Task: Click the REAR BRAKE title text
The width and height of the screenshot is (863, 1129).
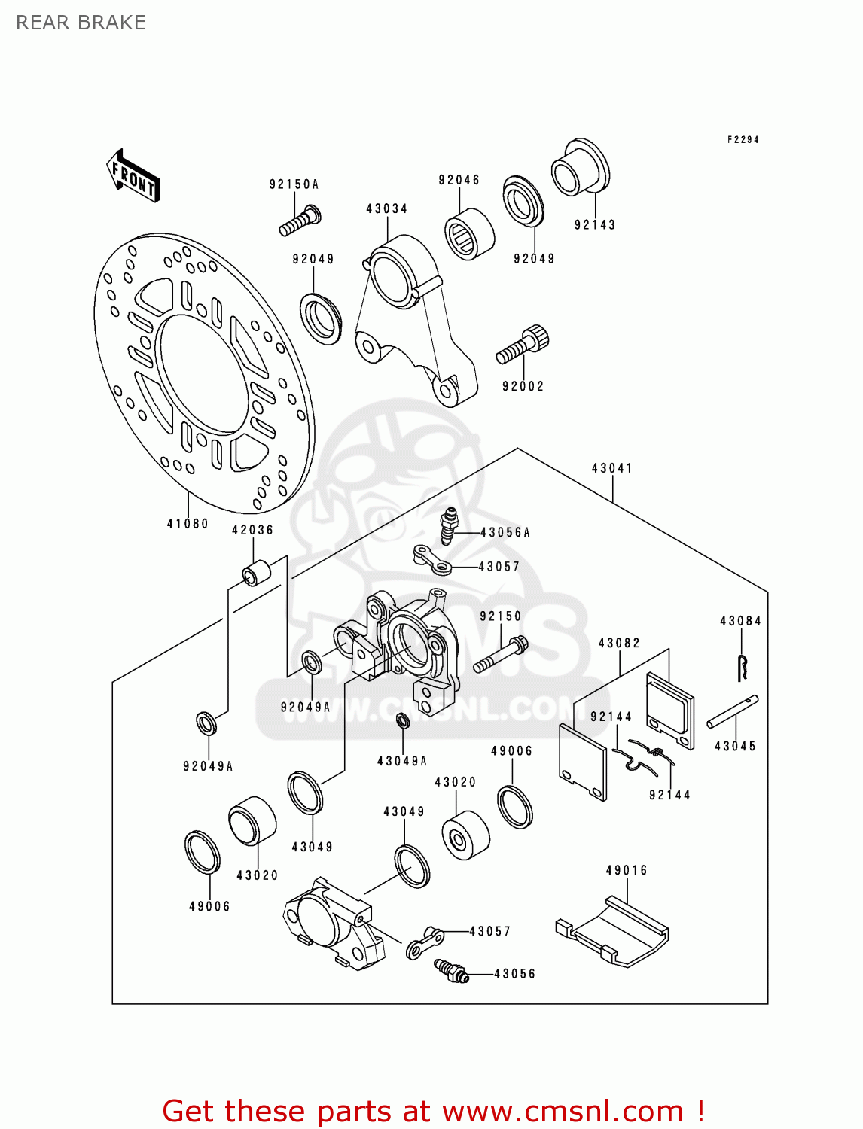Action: pyautogui.click(x=81, y=23)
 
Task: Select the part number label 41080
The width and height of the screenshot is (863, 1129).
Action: pyautogui.click(x=188, y=524)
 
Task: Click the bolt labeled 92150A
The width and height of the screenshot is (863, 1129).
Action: pyautogui.click(x=300, y=221)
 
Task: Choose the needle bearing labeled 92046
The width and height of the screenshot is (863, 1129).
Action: pyautogui.click(x=468, y=234)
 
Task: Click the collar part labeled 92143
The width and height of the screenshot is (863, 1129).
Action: pyautogui.click(x=580, y=167)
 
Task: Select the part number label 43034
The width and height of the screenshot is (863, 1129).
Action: pyautogui.click(x=387, y=209)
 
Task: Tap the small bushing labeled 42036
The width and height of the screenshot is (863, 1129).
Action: pyautogui.click(x=254, y=572)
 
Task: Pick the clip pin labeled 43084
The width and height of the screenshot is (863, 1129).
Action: pyautogui.click(x=743, y=667)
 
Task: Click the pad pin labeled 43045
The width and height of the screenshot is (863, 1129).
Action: pyautogui.click(x=733, y=711)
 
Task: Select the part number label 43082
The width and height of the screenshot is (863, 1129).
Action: pyautogui.click(x=619, y=644)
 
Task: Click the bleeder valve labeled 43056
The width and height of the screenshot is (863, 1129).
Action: pyautogui.click(x=451, y=970)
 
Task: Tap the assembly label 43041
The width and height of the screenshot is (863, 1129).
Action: pyautogui.click(x=611, y=468)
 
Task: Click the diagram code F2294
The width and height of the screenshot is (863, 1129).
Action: pyautogui.click(x=743, y=140)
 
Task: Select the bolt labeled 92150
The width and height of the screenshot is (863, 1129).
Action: pyautogui.click(x=500, y=655)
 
